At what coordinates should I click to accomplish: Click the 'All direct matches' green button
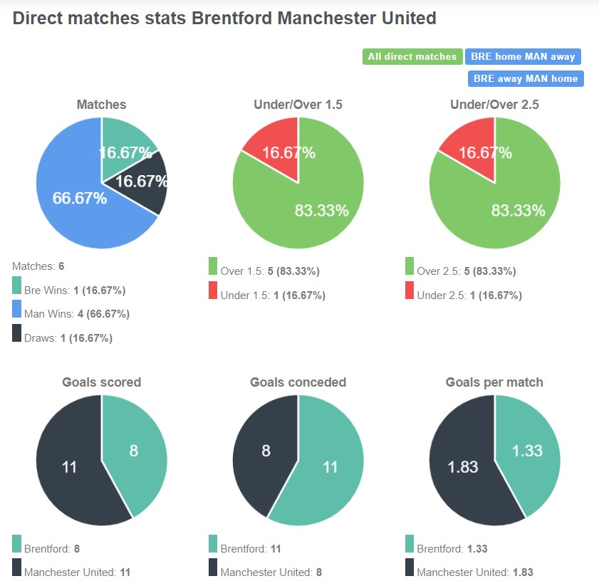pyautogui.click(x=412, y=57)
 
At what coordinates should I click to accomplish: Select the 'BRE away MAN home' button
pyautogui.click(x=526, y=78)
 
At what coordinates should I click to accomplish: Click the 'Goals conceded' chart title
pyautogui.click(x=298, y=382)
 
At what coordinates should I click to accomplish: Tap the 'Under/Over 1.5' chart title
pyautogui.click(x=298, y=105)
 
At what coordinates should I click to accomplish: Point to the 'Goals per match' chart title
pyautogui.click(x=494, y=382)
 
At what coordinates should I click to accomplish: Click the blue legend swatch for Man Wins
pyautogui.click(x=17, y=309)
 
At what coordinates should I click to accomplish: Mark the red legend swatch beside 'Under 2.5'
pyautogui.click(x=410, y=291)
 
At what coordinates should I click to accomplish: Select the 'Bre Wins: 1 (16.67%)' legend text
pyautogui.click(x=75, y=291)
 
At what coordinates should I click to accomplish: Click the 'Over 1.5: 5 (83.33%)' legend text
pyautogui.click(x=270, y=271)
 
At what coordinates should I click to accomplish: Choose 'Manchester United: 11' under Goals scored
pyautogui.click(x=77, y=572)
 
